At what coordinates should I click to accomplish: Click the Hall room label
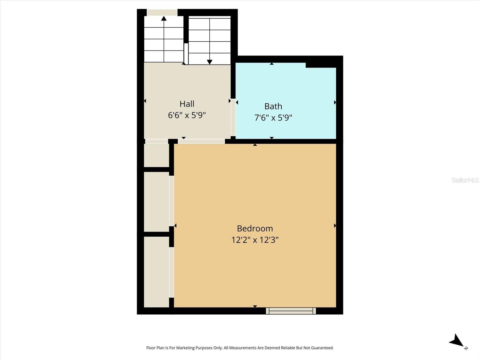pyautogui.click(x=187, y=104)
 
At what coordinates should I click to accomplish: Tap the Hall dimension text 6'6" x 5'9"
pyautogui.click(x=187, y=115)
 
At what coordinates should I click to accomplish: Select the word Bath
pyautogui.click(x=273, y=106)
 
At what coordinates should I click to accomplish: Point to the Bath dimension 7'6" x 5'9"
pyautogui.click(x=273, y=118)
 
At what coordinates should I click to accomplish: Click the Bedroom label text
pyautogui.click(x=255, y=229)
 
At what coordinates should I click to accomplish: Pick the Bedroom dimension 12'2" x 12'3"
pyautogui.click(x=255, y=240)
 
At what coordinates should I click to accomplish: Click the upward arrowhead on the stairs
pyautogui.click(x=164, y=19)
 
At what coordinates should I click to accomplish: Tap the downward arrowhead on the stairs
pyautogui.click(x=210, y=62)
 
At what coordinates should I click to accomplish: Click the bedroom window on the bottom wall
pyautogui.click(x=291, y=311)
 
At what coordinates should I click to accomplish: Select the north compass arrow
pyautogui.click(x=457, y=341)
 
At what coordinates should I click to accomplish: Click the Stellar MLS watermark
pyautogui.click(x=465, y=180)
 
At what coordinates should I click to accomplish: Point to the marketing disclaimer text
pyautogui.click(x=240, y=348)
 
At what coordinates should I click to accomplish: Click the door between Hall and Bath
pyautogui.click(x=233, y=118)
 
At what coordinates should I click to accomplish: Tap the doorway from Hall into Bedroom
pyautogui.click(x=201, y=141)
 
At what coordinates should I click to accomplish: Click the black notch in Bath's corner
pyautogui.click(x=320, y=65)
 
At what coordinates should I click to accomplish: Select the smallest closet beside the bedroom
pyautogui.click(x=156, y=155)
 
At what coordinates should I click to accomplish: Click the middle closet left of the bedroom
pyautogui.click(x=156, y=202)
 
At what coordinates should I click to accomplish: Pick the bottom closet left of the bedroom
pyautogui.click(x=156, y=272)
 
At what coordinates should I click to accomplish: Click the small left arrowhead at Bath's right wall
pyautogui.click(x=335, y=103)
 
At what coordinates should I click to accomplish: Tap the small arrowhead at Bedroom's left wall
pyautogui.click(x=175, y=226)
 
